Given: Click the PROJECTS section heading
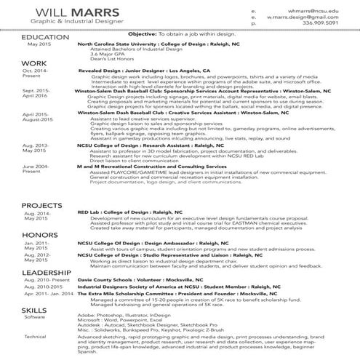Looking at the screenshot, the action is (22, 206).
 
